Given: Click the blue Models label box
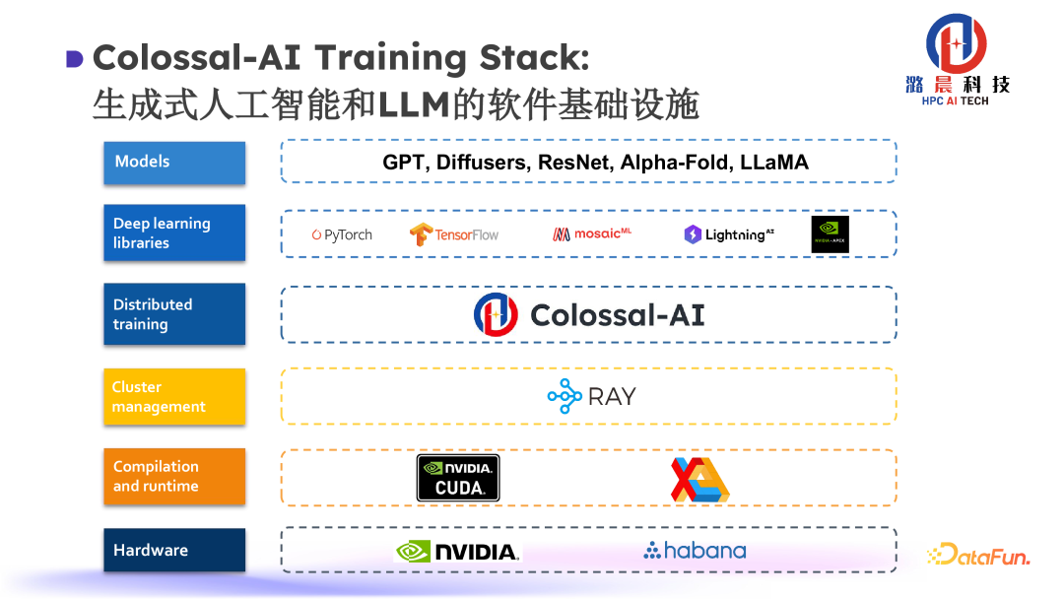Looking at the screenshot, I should pos(174,163).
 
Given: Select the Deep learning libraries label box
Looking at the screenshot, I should pos(174,233).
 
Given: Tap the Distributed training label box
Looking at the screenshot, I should pos(174,314).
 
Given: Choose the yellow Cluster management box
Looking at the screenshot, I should pos(174,397).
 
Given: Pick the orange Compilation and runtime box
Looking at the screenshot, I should pos(174,477).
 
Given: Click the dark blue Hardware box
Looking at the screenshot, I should pos(174,551).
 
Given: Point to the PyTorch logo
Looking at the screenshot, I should pos(342,234).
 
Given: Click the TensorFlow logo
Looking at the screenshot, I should pos(454,234).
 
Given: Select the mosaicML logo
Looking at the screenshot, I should pos(592,234).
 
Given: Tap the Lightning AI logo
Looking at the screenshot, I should pos(729,234).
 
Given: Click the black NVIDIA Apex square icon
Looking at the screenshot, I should pos(830,234).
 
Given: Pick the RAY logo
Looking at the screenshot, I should pos(592,396).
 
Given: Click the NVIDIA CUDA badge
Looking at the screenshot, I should pos(458,478).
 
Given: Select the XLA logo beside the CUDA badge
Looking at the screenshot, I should pos(699,479).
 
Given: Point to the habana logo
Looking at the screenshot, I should pos(695,551).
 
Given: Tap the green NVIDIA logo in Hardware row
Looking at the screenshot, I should pos(457,552).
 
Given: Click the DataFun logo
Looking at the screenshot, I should pos(978,556).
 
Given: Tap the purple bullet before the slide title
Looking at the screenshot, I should pos(74,59).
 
